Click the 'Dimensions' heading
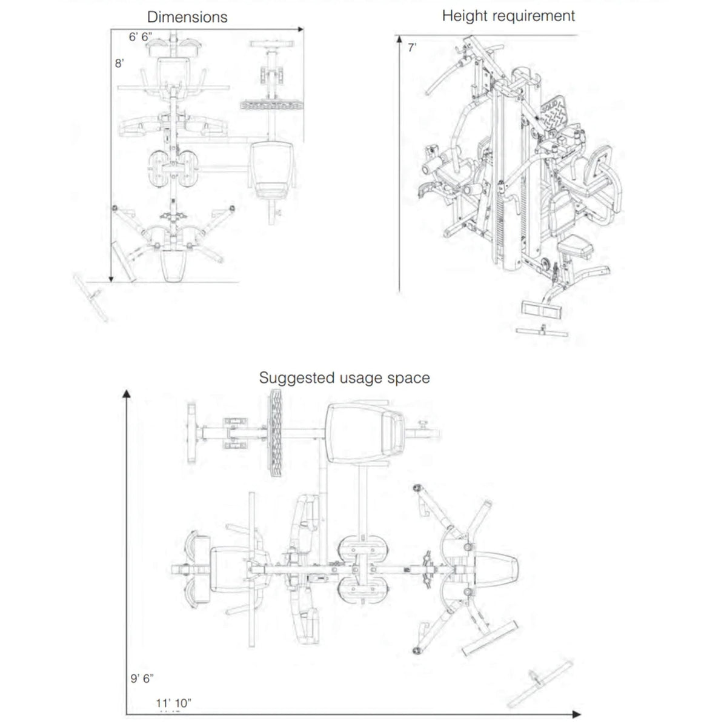[187, 17]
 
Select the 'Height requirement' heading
[508, 16]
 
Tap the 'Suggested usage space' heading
[344, 378]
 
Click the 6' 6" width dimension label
[140, 37]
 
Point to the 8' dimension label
[119, 63]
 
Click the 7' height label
[412, 48]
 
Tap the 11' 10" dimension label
[173, 703]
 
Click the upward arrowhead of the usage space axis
[127, 394]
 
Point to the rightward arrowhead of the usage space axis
[576, 715]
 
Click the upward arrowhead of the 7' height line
[399, 39]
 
